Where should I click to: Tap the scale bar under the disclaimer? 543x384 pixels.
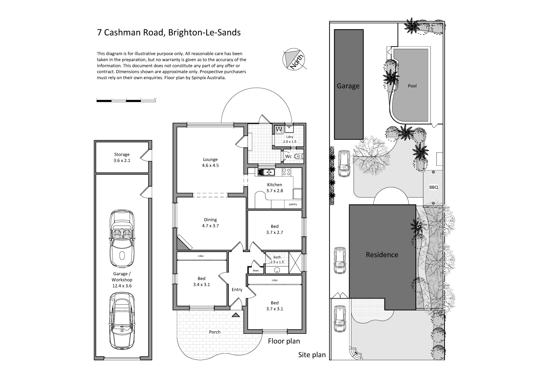tap(126, 100)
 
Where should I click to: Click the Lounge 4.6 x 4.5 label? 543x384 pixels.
tap(210, 162)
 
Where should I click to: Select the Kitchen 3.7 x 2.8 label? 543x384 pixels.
tap(274, 188)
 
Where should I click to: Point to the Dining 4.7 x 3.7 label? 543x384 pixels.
tap(210, 223)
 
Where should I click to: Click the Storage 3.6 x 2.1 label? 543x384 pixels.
tap(122, 158)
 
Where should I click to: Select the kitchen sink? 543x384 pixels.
tap(266, 172)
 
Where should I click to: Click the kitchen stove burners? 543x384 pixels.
tap(286, 172)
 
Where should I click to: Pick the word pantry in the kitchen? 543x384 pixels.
tap(293, 204)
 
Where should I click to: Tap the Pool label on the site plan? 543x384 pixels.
tap(412, 86)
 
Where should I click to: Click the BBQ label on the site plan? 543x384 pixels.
tap(433, 187)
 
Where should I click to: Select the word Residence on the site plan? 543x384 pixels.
tap(382, 255)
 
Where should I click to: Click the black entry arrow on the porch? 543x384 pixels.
tap(235, 315)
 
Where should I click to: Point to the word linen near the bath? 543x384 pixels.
tap(256, 271)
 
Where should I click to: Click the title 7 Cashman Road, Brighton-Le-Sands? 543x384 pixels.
tap(169, 32)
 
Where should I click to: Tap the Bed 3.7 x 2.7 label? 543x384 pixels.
tap(274, 229)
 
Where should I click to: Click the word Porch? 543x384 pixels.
tap(215, 332)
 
